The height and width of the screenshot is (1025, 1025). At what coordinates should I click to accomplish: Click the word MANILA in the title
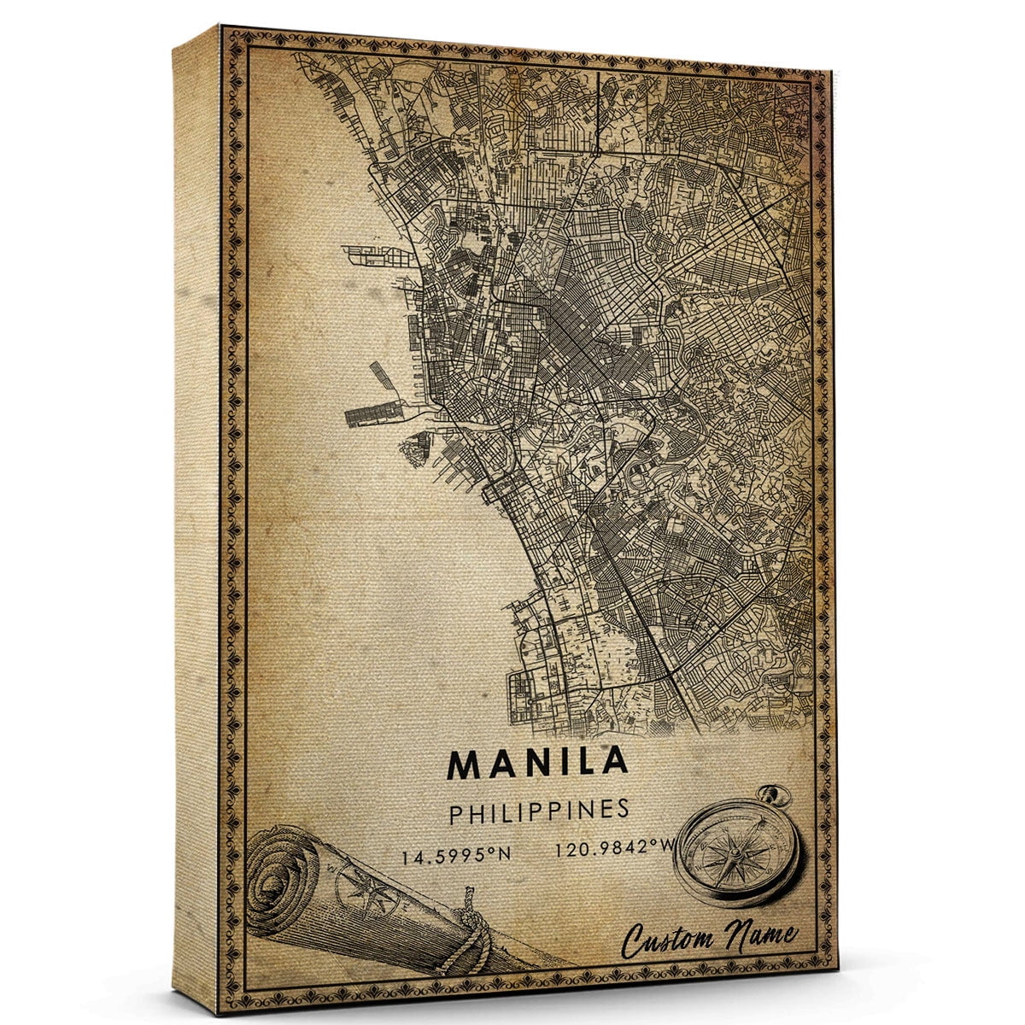(x=537, y=763)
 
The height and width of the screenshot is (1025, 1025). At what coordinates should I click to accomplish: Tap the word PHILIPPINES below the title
(x=539, y=811)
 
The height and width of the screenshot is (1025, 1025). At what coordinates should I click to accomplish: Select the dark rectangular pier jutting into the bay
(x=372, y=413)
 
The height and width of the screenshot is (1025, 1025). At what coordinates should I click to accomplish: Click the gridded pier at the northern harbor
(x=369, y=255)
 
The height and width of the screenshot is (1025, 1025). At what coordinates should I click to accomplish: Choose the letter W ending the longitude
(x=663, y=849)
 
